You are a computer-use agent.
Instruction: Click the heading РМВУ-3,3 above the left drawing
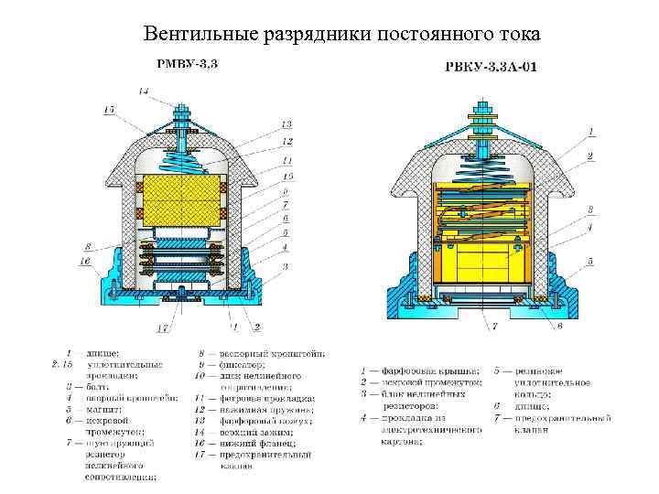click(x=188, y=64)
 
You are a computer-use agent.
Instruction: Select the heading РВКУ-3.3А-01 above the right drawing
click(x=489, y=66)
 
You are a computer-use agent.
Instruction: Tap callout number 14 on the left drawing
click(x=145, y=91)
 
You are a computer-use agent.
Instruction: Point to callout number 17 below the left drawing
click(x=162, y=328)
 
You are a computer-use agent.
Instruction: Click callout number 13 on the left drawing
click(x=286, y=124)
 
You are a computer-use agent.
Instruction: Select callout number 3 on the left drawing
click(x=286, y=265)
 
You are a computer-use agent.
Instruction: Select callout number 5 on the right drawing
click(x=590, y=261)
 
